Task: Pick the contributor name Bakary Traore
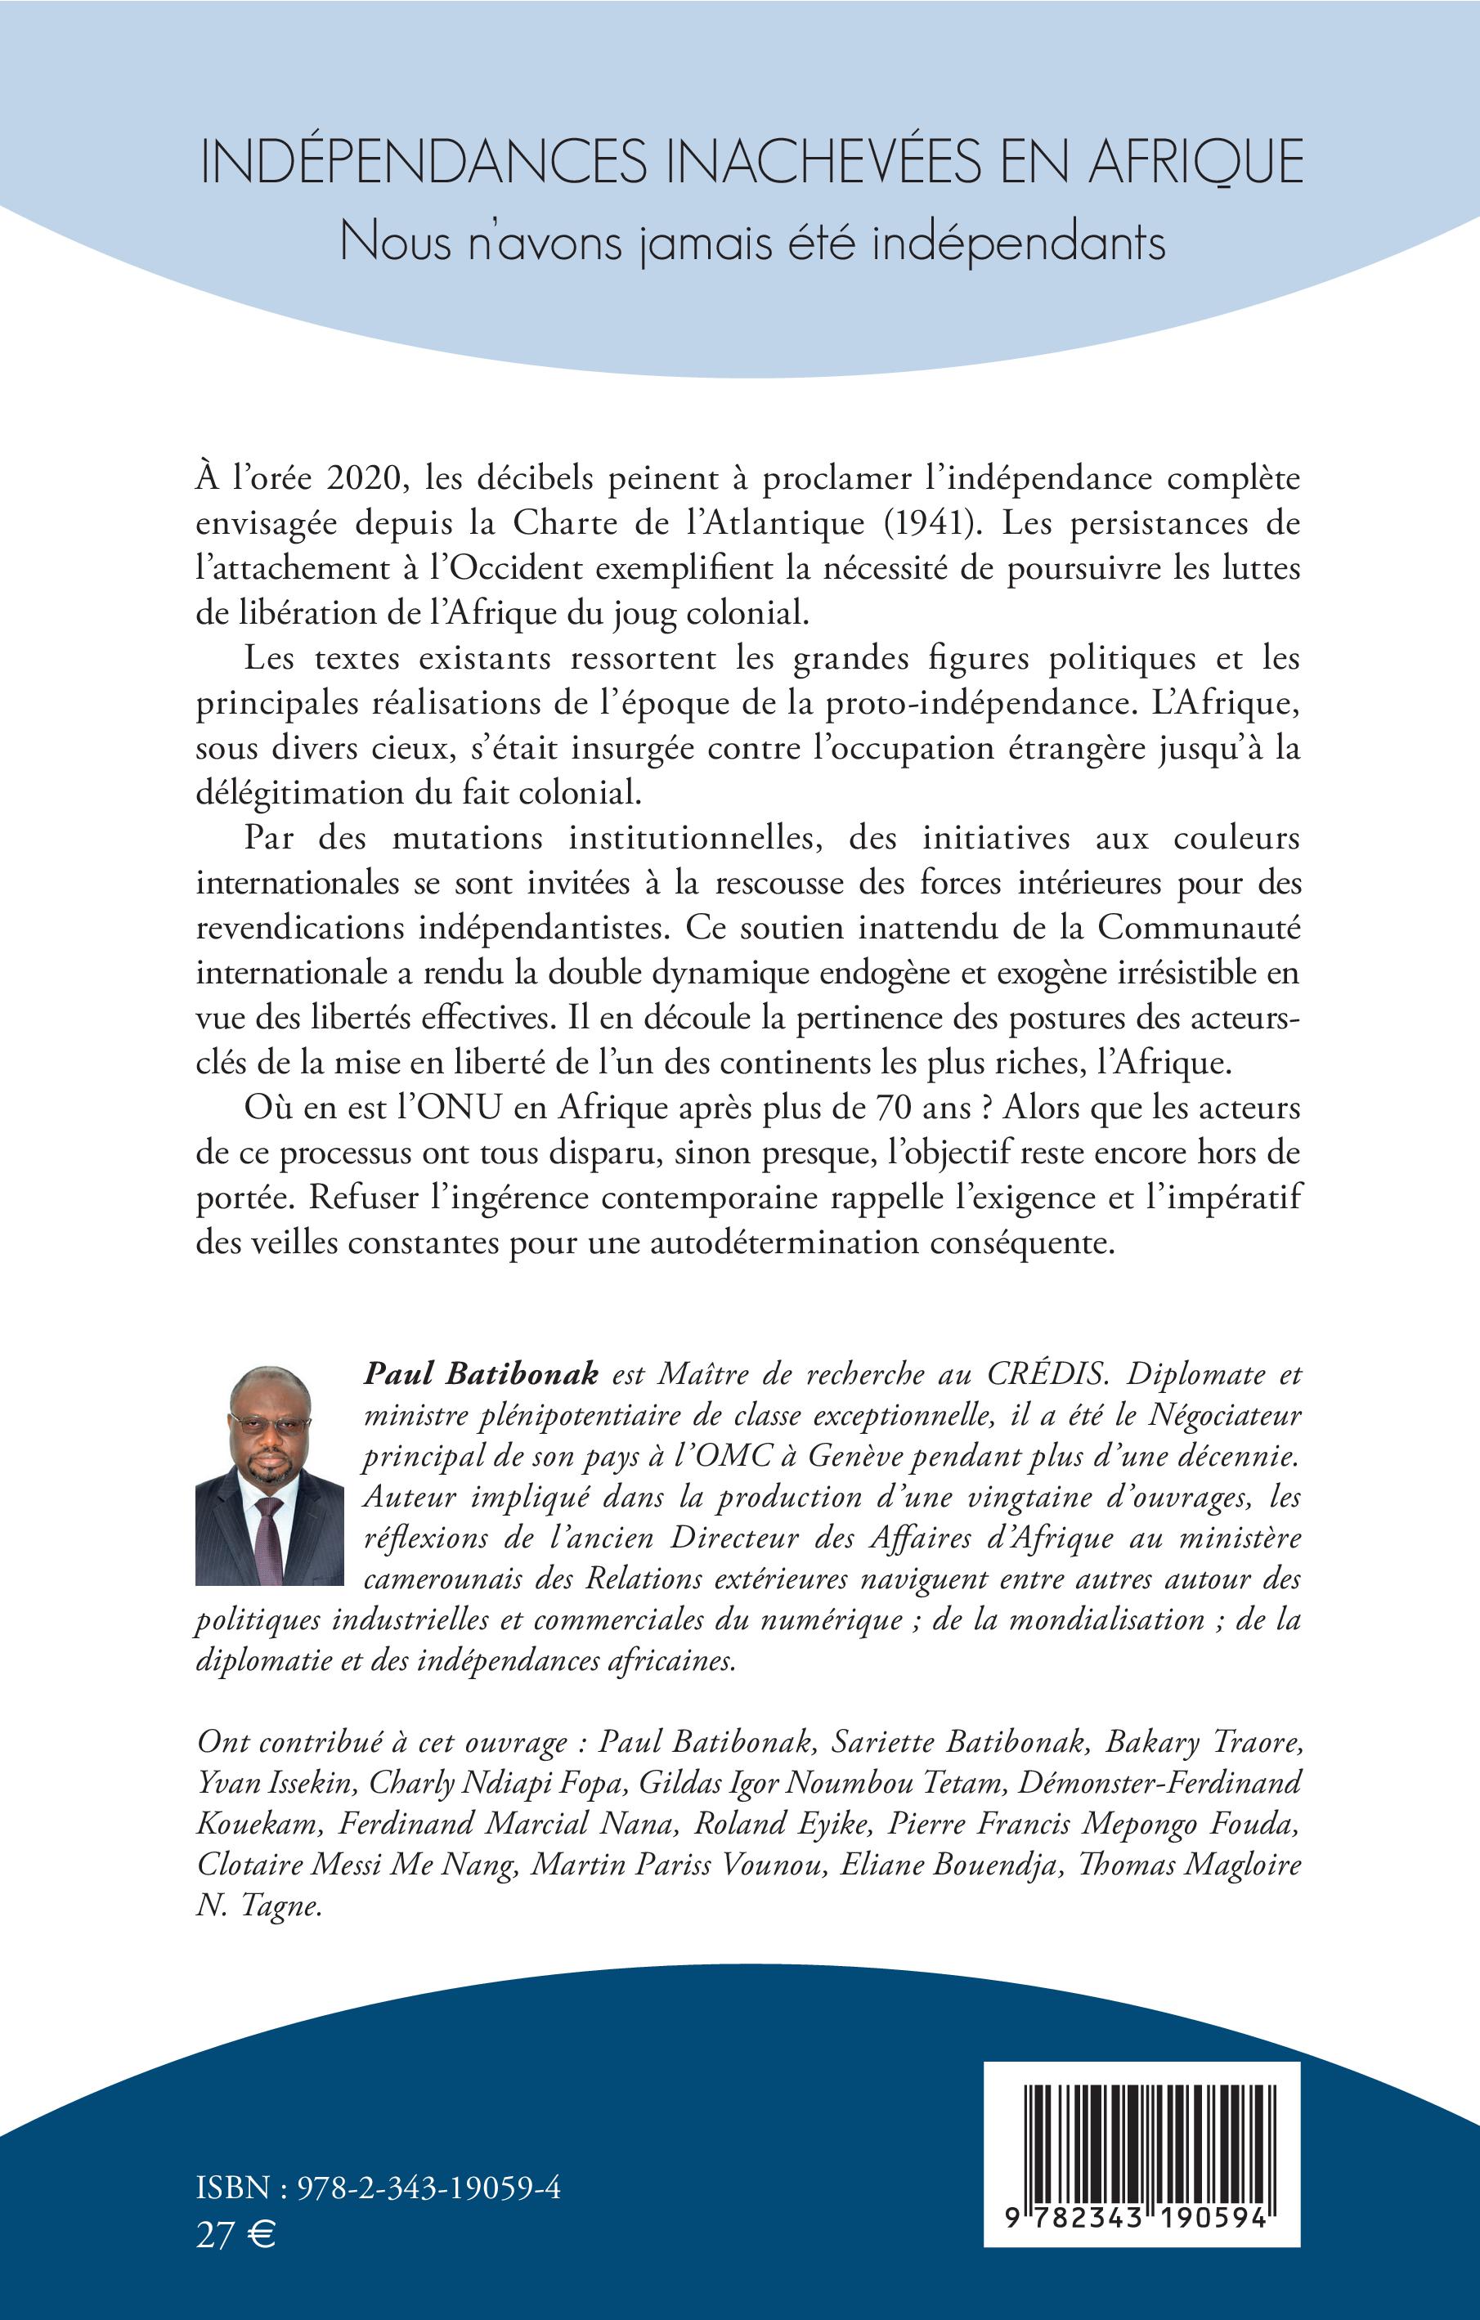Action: pyautogui.click(x=1203, y=1742)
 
